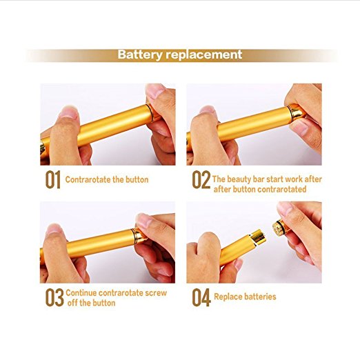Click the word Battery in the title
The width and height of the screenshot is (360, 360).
140,55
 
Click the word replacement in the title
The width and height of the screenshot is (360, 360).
203,55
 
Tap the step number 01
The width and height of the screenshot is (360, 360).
53,179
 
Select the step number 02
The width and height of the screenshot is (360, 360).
201,179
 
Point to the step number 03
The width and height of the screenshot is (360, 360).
54,297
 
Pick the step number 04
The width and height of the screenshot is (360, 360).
201,297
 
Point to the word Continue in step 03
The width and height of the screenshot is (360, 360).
81,292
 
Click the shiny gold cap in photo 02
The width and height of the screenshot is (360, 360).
295,112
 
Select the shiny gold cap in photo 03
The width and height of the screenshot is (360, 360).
139,235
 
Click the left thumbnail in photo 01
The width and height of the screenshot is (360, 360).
68,112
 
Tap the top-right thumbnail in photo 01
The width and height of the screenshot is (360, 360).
154,90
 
